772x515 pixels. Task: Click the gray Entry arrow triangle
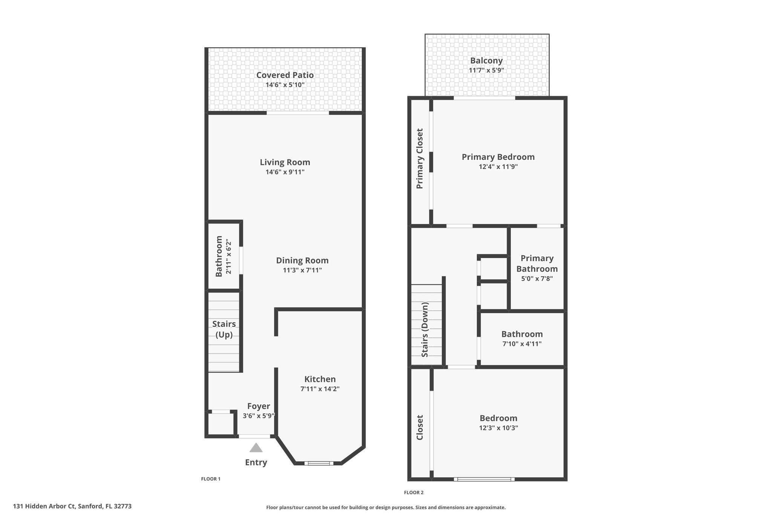[x=256, y=447]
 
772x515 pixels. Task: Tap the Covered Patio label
[x=285, y=75]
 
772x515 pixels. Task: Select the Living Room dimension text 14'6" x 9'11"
[x=285, y=172]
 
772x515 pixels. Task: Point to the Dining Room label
[x=302, y=260]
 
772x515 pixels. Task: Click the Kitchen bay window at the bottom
[x=319, y=463]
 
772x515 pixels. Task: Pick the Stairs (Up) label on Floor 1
[x=224, y=329]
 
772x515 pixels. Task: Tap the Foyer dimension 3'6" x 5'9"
[x=259, y=416]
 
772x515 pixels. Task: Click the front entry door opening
[x=255, y=437]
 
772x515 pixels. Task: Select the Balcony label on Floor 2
[x=486, y=60]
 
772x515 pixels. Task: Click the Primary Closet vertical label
[x=420, y=158]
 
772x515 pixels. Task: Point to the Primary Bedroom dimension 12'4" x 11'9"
[x=498, y=167]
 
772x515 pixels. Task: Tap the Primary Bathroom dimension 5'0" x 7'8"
[x=537, y=279]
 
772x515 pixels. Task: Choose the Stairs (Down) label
[x=425, y=329]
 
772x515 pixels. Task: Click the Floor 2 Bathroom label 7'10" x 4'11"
[x=522, y=338]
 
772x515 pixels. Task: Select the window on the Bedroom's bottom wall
[x=484, y=479]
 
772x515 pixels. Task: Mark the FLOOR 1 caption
[x=211, y=479]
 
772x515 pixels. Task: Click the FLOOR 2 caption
[x=414, y=492]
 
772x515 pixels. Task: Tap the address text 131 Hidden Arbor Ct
[x=44, y=506]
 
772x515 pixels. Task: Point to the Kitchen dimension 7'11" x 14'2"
[x=320, y=389]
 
